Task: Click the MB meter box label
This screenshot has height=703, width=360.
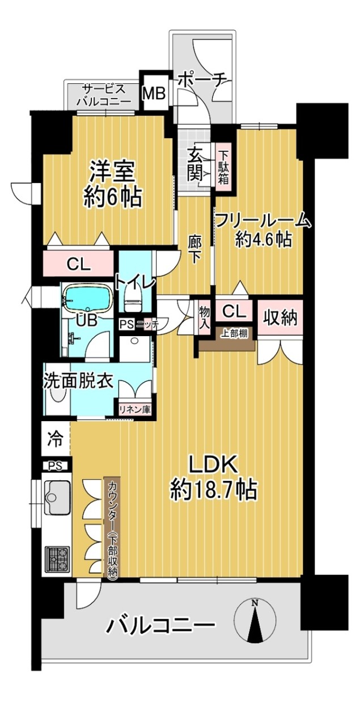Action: click(154, 93)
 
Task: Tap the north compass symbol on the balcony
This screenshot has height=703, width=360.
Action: click(256, 611)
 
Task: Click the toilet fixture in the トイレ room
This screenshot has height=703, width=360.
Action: click(134, 300)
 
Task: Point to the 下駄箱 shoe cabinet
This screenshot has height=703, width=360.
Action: click(223, 167)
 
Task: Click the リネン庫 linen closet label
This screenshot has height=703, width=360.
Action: click(135, 409)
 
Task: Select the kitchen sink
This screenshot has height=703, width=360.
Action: click(57, 497)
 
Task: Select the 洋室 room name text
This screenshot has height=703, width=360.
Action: click(112, 172)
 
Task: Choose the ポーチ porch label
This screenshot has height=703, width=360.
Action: click(202, 80)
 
